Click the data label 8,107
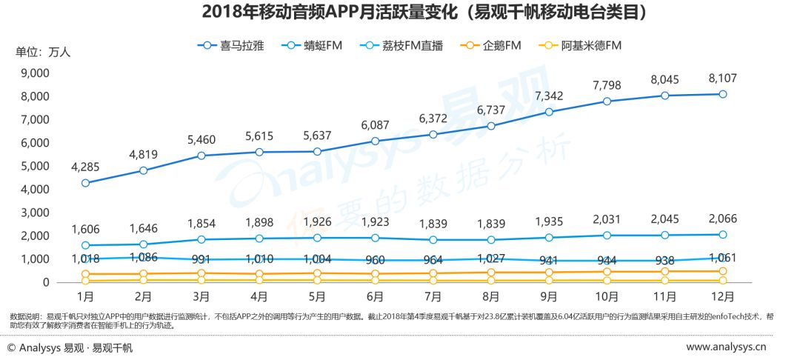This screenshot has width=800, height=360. pos(721,79)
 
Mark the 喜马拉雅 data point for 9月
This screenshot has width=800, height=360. pos(549,112)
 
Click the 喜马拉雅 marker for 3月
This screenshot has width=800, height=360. pos(201,156)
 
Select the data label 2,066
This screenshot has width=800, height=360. pos(721,219)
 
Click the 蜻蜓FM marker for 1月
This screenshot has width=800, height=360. pos(86,245)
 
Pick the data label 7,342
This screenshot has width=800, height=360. pos(549,96)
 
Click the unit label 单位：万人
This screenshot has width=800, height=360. pos(44,52)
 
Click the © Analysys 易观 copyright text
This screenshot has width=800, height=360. pos(70,347)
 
